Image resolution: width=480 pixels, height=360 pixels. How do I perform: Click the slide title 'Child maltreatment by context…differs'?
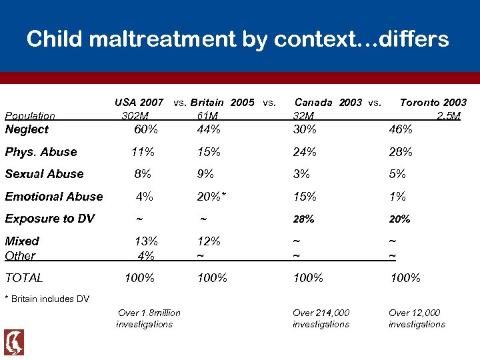coord(238,39)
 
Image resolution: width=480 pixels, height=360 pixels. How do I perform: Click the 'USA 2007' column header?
coord(139,103)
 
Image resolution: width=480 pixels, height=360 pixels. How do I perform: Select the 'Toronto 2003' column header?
coord(433,103)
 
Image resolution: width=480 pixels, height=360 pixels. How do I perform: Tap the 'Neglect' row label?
coord(27,129)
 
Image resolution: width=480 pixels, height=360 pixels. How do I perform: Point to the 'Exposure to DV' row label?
coord(49,219)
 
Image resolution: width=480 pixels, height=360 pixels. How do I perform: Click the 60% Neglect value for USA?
coord(146,129)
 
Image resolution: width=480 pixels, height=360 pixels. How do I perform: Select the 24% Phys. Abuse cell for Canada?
coord(305,152)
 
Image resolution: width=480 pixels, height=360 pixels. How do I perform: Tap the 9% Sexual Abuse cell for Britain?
coord(205,174)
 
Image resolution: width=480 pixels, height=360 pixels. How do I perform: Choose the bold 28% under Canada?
coord(304,219)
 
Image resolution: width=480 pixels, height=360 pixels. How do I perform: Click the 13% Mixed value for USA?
coord(146,241)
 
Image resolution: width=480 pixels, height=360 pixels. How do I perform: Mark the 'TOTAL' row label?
coord(24,278)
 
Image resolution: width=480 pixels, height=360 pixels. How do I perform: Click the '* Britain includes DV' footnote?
coord(47,299)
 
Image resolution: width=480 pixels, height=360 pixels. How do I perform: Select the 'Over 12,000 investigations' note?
coord(416,319)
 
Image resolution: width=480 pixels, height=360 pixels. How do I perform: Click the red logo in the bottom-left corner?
coord(14,342)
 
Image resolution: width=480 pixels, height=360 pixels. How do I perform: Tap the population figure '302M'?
coord(135,116)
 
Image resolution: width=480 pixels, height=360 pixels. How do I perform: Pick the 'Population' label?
coord(30,116)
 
